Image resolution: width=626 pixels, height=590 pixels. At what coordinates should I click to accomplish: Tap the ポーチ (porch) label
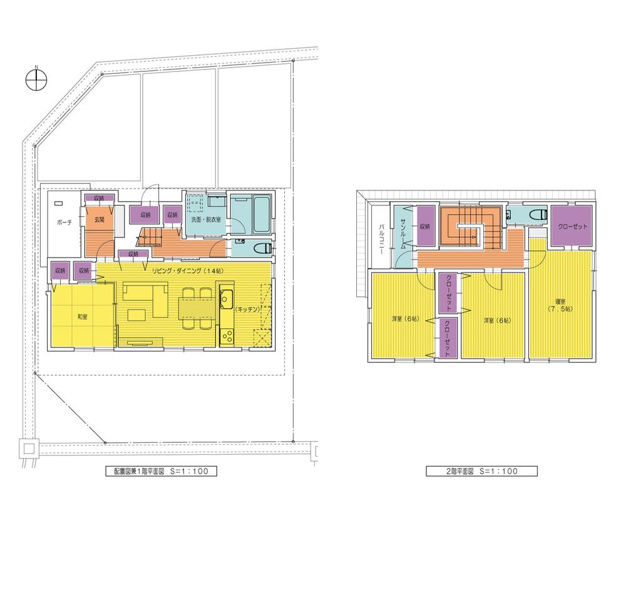coord(63,222)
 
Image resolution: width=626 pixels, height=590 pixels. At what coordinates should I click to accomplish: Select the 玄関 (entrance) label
coord(100,220)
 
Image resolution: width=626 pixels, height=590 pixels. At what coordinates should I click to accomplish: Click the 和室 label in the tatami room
coord(82,317)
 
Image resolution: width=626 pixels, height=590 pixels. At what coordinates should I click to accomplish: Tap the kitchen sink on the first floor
coord(226,297)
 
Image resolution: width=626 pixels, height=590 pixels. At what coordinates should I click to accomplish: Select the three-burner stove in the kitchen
coord(226,334)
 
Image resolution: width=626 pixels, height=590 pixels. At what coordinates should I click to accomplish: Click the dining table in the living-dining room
coord(194,308)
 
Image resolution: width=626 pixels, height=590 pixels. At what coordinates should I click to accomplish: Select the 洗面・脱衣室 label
coord(205,221)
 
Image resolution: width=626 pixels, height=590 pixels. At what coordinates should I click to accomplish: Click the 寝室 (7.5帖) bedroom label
coord(557,304)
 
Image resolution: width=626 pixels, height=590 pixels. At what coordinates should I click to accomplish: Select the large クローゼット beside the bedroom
coord(572,226)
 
